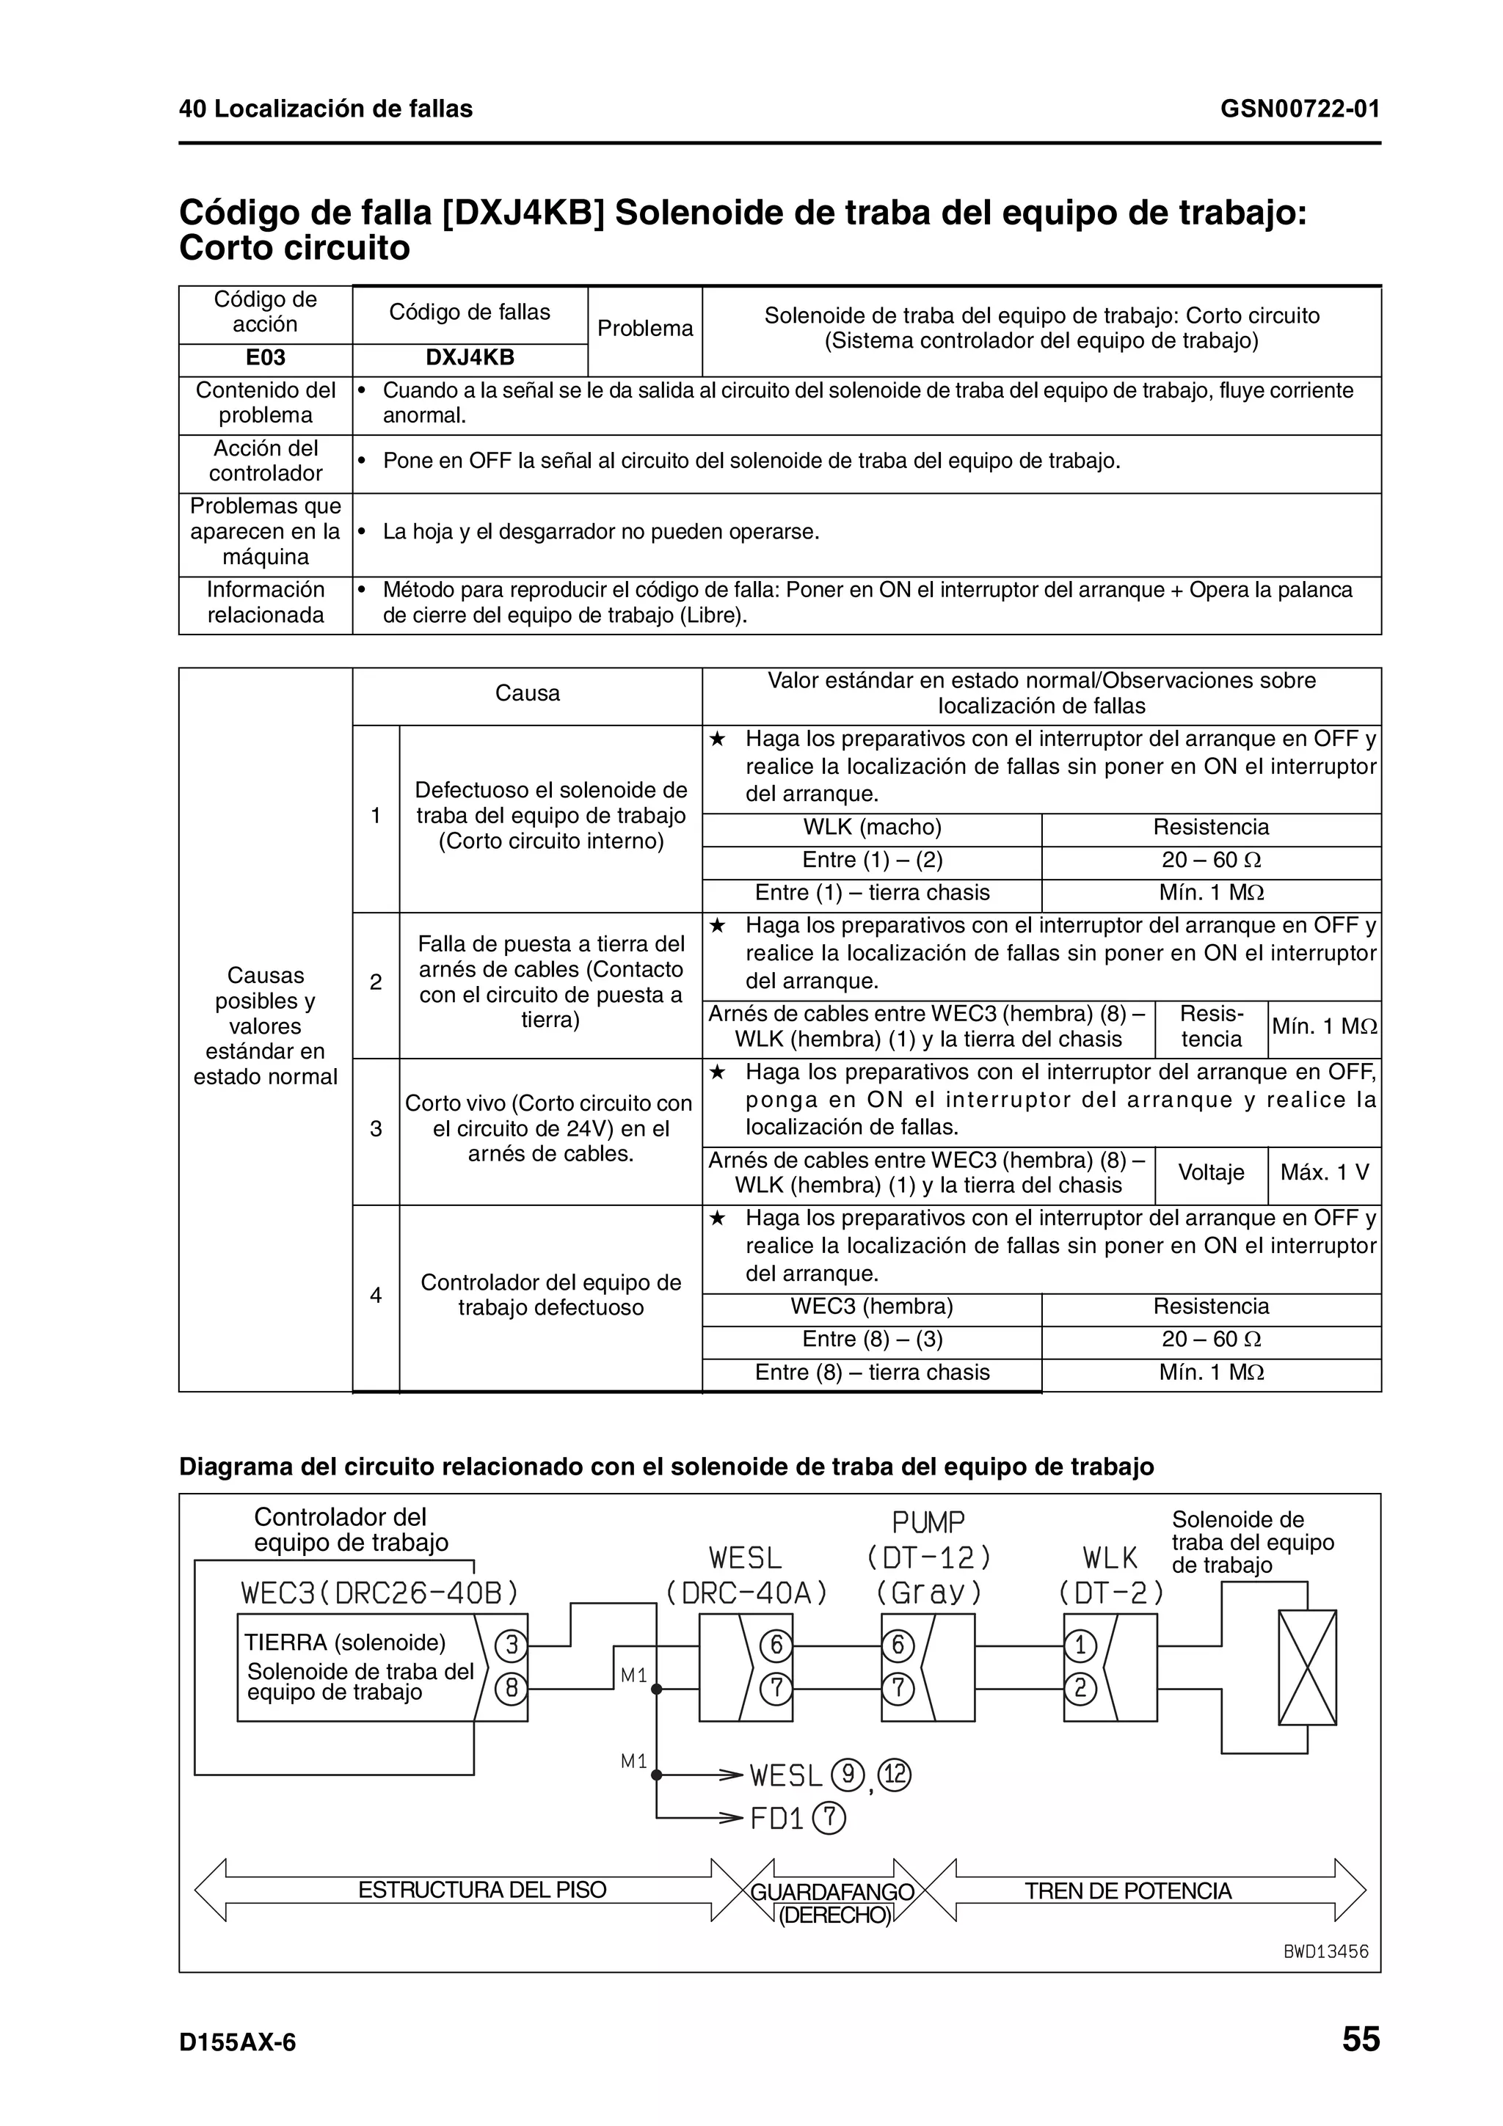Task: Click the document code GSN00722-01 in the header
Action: (x=1299, y=109)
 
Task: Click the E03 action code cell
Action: (x=265, y=358)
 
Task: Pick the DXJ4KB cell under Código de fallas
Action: (x=470, y=358)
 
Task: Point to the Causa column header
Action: (x=527, y=693)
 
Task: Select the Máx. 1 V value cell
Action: (x=1323, y=1172)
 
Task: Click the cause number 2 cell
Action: (x=375, y=982)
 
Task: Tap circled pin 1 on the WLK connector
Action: (x=1080, y=1645)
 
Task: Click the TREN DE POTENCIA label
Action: (x=1127, y=1891)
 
